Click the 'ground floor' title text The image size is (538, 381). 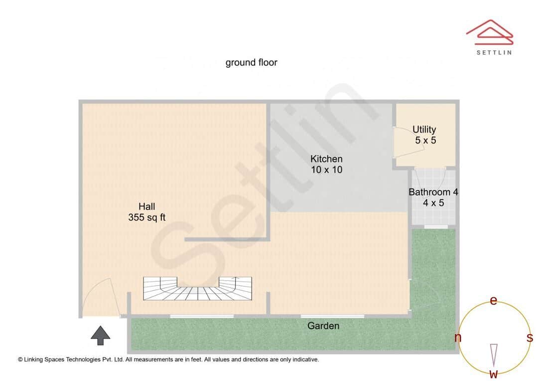click(251, 62)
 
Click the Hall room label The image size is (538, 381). click(146, 206)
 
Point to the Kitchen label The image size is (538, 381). click(326, 159)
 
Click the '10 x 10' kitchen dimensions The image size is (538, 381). click(326, 170)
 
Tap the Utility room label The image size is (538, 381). click(424, 130)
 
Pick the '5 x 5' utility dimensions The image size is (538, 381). click(425, 141)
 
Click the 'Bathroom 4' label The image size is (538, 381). click(433, 192)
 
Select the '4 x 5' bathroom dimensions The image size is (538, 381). click(433, 202)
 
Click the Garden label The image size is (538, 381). click(323, 326)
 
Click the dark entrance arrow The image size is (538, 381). click(101, 335)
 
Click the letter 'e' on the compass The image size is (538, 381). click(494, 301)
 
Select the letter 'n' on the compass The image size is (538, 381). click(458, 338)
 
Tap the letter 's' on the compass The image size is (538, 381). click(530, 338)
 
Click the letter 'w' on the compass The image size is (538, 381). click(494, 374)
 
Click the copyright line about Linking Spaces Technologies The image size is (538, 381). click(168, 359)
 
